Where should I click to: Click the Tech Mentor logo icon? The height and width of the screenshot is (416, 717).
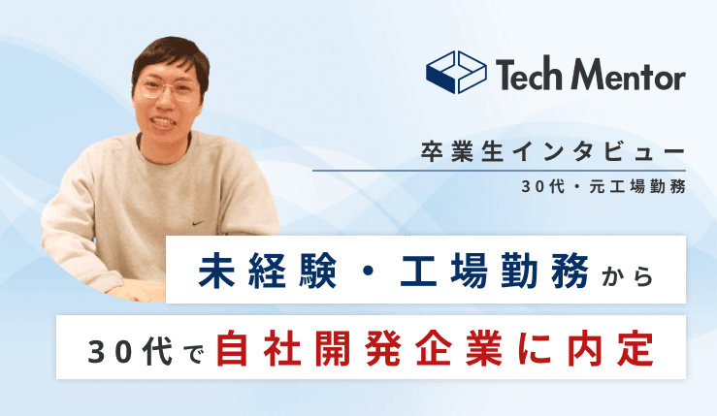coord(455,73)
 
